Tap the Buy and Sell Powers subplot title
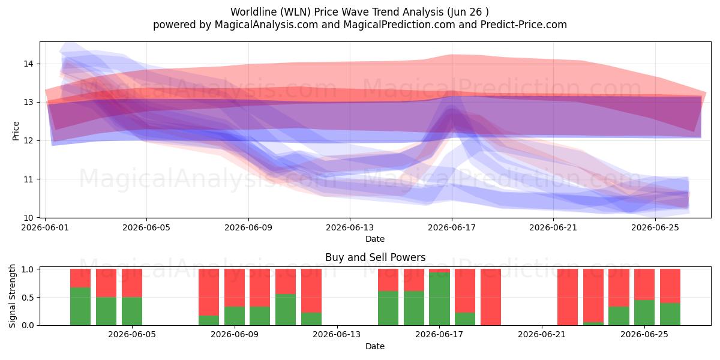coord(375,257)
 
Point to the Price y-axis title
coord(16,131)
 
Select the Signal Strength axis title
coord(12,296)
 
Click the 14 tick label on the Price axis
coord(28,64)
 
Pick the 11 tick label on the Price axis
coord(28,179)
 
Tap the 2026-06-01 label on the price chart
coord(45,227)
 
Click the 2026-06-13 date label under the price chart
coord(350,227)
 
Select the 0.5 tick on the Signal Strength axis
coord(28,298)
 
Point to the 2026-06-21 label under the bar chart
coord(542,335)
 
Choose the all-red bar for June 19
coord(491,297)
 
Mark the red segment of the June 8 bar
coord(209,292)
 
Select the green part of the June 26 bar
coord(670,314)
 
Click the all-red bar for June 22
coord(568,297)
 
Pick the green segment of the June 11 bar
coord(286,310)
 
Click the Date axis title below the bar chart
coord(375,346)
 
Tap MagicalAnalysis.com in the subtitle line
coord(266,25)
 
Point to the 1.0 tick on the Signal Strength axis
coord(28,269)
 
